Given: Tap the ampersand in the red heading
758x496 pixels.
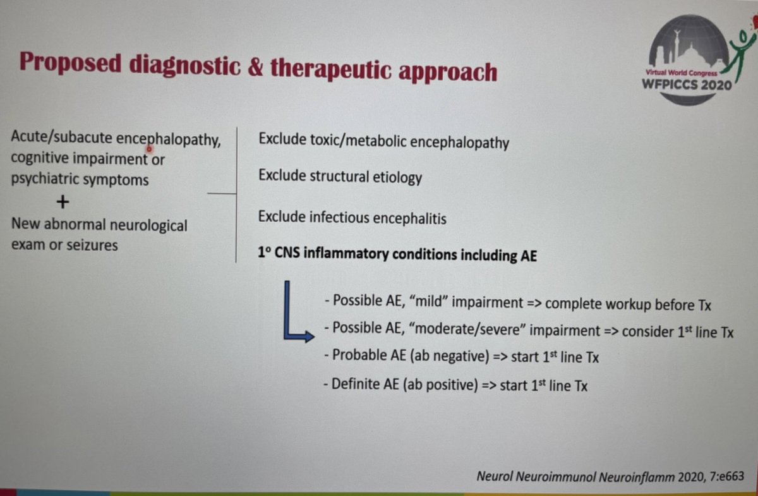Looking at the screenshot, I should tap(253, 67).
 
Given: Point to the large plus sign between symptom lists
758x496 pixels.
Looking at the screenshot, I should tap(62, 202).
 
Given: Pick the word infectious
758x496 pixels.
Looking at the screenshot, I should tap(339, 219).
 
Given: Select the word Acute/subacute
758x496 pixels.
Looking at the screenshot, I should tap(62, 138).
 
